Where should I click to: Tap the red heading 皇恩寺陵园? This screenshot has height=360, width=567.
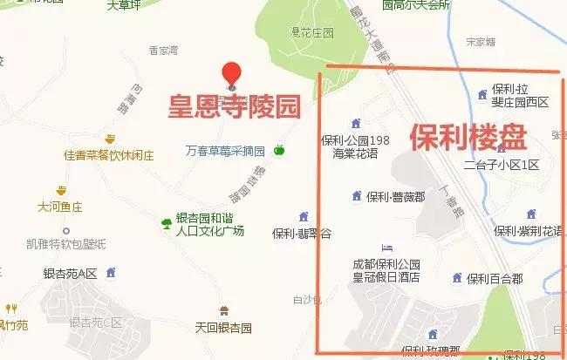(234, 106)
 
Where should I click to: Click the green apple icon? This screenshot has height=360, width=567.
(280, 150)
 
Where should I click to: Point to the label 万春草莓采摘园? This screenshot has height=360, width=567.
(227, 149)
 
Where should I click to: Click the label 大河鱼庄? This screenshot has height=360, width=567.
(59, 207)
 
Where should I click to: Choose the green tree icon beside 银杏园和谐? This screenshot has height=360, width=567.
(166, 223)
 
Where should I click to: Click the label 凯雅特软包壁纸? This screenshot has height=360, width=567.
(65, 243)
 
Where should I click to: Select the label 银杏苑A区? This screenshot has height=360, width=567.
(69, 273)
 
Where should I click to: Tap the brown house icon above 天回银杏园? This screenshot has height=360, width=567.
(224, 311)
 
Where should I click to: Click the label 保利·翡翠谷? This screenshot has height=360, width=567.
(302, 234)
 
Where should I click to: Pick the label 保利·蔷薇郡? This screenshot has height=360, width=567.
(394, 196)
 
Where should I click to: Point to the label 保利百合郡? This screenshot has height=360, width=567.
(494, 279)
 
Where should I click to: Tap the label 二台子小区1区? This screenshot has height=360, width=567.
(502, 165)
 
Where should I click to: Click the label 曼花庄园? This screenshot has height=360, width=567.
(312, 33)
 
